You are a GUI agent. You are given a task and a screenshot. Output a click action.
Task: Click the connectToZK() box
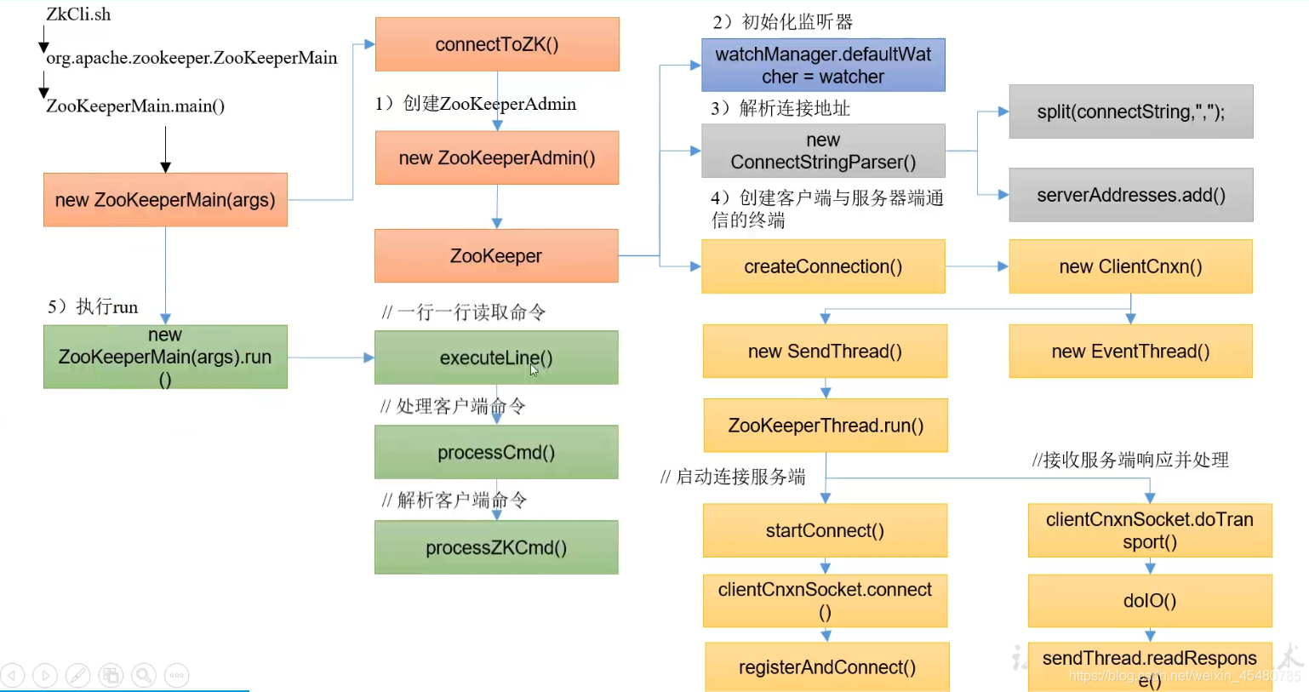click(x=497, y=44)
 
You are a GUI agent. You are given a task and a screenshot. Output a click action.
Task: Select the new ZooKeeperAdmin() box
click(x=497, y=157)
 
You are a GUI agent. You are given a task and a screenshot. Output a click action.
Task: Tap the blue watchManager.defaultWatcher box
click(x=823, y=65)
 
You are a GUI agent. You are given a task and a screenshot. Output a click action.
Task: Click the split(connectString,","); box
click(x=1131, y=112)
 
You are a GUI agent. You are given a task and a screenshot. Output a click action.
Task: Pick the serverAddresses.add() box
click(x=1131, y=195)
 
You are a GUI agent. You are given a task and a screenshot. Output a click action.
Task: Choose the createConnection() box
click(x=823, y=266)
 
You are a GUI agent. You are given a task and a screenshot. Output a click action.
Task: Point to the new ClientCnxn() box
click(x=1131, y=266)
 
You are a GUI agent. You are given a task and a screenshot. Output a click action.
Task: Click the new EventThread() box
click(x=1131, y=352)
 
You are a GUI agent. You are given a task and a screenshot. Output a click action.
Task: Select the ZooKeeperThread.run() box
click(x=826, y=426)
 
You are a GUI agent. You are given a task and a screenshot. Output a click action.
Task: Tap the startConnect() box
click(x=825, y=530)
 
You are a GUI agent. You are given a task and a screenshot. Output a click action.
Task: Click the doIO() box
click(x=1150, y=601)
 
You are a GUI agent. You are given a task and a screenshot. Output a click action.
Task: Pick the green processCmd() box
click(x=496, y=452)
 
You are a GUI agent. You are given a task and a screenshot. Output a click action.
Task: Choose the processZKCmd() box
click(x=496, y=547)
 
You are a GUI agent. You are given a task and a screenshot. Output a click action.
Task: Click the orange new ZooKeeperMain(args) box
click(x=165, y=200)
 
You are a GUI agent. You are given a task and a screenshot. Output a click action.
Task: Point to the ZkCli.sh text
click(x=78, y=14)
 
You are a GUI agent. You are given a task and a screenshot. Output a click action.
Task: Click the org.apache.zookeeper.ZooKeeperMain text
click(x=191, y=58)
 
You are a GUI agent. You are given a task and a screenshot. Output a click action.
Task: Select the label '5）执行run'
click(x=93, y=306)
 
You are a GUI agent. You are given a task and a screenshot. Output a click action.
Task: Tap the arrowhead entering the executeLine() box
click(x=369, y=357)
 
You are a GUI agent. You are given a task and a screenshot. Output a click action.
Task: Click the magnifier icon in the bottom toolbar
click(x=144, y=675)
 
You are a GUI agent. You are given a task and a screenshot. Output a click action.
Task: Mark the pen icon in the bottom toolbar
click(x=77, y=675)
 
